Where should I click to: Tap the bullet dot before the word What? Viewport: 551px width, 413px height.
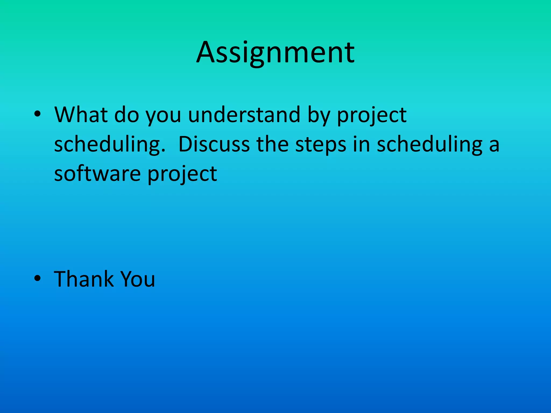[37, 114]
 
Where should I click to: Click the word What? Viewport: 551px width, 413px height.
[81, 115]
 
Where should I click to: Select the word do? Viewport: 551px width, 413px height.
[126, 115]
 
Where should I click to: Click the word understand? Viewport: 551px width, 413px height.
[244, 115]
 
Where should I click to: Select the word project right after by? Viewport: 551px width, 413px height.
[372, 116]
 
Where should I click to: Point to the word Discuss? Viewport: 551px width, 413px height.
[214, 144]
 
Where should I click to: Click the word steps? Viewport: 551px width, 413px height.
[321, 145]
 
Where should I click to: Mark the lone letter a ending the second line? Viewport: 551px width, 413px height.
[494, 145]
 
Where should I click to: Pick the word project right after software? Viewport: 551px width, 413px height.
[182, 175]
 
